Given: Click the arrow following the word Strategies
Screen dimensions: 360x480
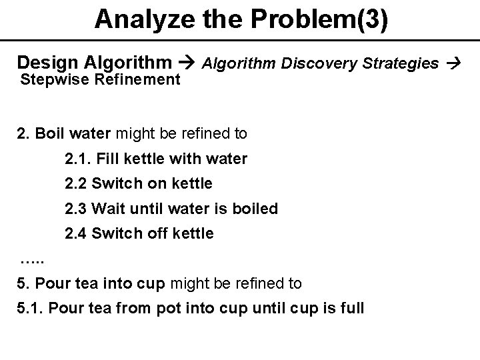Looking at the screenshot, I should click(455, 64).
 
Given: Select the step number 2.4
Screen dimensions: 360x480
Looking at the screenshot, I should click(75, 233).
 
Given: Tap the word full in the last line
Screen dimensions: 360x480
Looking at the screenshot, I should click(351, 309).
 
